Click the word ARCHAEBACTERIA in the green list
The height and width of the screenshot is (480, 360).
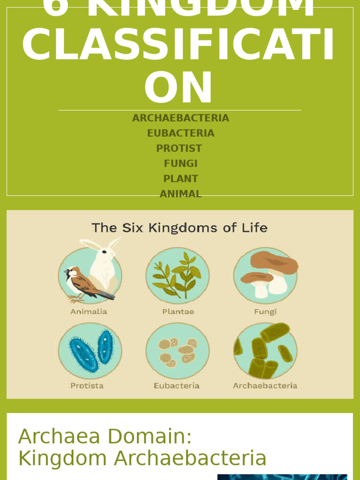pos(180,118)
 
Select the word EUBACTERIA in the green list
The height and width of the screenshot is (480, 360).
pos(180,133)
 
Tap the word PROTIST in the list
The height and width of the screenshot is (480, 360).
pos(179,149)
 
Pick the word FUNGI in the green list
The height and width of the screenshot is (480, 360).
pos(180,164)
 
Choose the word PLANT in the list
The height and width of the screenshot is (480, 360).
pos(180,179)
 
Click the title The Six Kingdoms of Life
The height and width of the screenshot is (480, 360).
pos(180,228)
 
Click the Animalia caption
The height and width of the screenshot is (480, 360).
pos(89,312)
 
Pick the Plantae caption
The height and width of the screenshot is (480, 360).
pos(178,312)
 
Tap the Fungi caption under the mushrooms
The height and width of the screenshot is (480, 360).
pos(265,312)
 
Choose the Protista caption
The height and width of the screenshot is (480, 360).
pos(87,386)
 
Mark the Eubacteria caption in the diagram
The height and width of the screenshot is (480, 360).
pos(177,386)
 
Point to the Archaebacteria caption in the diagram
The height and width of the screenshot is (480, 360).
pos(265,386)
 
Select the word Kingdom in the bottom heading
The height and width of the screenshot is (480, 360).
pos(63,458)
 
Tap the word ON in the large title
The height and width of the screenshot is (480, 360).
pos(179,88)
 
